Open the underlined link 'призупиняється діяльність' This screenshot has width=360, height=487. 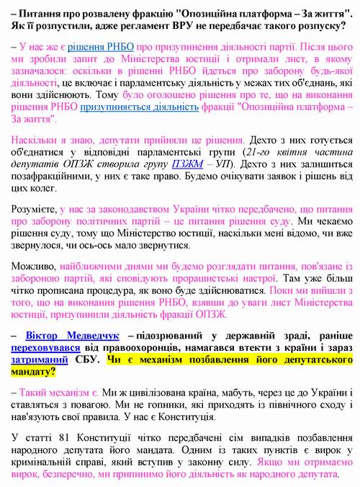tap(150, 107)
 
